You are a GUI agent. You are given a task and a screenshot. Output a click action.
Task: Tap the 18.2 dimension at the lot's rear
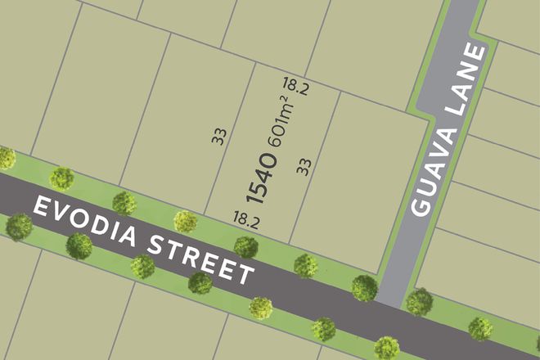(295, 84)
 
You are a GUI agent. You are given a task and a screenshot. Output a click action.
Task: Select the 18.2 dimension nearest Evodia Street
(245, 218)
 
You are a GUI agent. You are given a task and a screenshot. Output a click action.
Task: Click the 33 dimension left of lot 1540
(218, 135)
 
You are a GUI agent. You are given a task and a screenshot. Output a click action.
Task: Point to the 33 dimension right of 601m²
(304, 167)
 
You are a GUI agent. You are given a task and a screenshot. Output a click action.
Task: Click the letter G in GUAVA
(420, 206)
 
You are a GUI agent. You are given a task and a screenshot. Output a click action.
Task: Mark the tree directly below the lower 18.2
(245, 245)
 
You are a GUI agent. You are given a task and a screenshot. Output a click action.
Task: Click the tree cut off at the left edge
(6, 157)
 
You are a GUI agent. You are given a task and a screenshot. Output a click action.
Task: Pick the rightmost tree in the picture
(479, 329)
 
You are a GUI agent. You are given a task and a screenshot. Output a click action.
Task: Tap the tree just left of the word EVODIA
(18, 226)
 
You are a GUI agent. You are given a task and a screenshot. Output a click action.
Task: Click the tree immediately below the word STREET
(199, 283)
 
